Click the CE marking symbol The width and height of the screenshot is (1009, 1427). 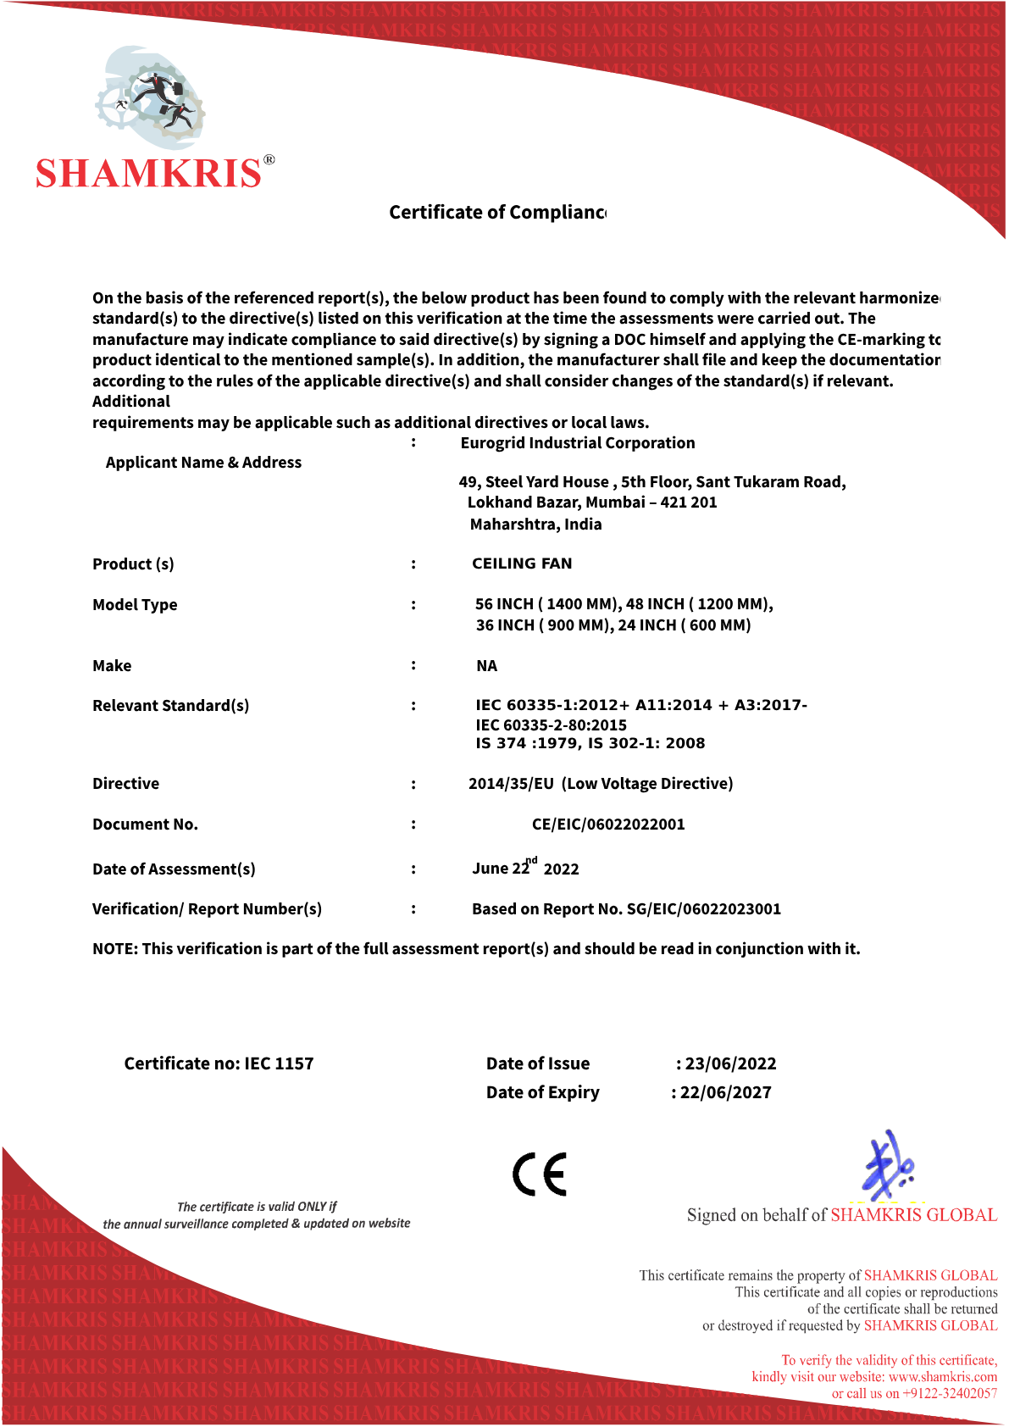[539, 1174]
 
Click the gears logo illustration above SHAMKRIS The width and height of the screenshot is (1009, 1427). [151, 94]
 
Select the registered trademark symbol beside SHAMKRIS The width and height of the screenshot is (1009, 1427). [269, 160]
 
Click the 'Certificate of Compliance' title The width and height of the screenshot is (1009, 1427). [497, 212]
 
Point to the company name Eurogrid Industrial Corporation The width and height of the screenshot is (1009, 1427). [578, 443]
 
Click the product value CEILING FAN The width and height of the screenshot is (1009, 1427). [522, 564]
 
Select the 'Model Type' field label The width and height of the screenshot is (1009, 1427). [135, 605]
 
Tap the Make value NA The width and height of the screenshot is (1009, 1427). [486, 666]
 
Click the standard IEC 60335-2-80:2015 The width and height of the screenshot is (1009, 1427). [552, 725]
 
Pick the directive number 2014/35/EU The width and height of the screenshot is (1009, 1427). [511, 784]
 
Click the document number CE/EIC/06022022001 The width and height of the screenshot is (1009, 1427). [608, 825]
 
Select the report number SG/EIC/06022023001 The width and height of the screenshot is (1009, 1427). [703, 909]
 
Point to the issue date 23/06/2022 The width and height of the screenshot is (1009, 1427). [730, 1064]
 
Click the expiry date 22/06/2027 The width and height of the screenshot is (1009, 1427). [725, 1093]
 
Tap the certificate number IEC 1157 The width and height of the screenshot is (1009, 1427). [279, 1064]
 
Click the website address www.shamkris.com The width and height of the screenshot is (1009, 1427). [942, 1377]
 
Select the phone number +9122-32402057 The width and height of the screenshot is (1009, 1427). [950, 1394]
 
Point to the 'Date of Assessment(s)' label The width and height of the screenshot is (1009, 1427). [174, 869]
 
